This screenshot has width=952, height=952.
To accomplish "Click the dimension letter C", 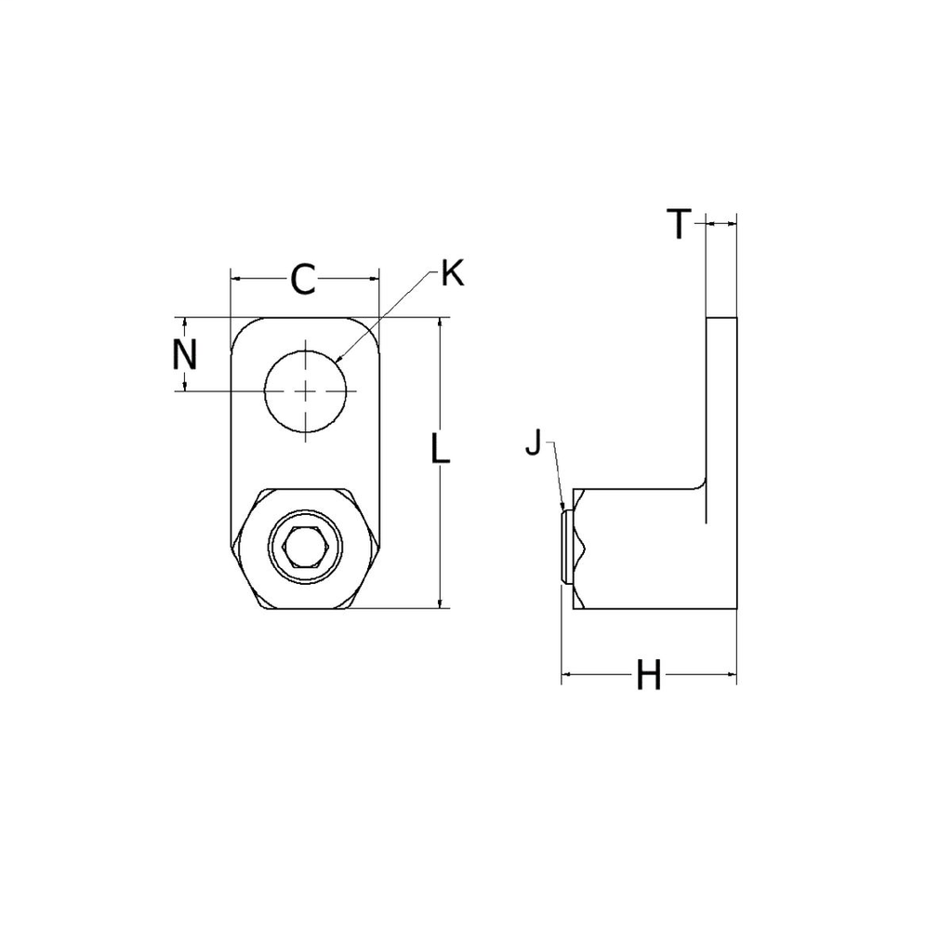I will point(303,279).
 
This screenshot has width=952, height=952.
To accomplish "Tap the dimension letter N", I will point(186,354).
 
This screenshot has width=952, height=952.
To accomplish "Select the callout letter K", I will point(452,273).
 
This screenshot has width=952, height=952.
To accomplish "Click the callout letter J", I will point(533,444).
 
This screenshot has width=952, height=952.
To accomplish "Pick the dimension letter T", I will point(680,224).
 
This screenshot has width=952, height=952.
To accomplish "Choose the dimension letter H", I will point(648,676).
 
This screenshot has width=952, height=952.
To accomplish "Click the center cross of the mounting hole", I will point(306,391).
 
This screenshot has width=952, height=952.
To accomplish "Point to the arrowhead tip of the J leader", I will point(564,509).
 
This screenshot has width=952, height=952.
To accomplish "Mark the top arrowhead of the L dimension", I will point(439,319).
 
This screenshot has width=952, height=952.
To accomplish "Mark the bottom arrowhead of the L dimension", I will point(439,607).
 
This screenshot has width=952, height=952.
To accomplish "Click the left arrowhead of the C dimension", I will point(232,277).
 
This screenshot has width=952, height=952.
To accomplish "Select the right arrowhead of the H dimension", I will point(734,674).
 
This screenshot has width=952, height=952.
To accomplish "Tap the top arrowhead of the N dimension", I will point(186,319).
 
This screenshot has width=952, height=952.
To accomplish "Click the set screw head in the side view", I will point(566,546).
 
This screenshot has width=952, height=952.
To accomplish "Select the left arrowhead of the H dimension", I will point(563,674).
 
